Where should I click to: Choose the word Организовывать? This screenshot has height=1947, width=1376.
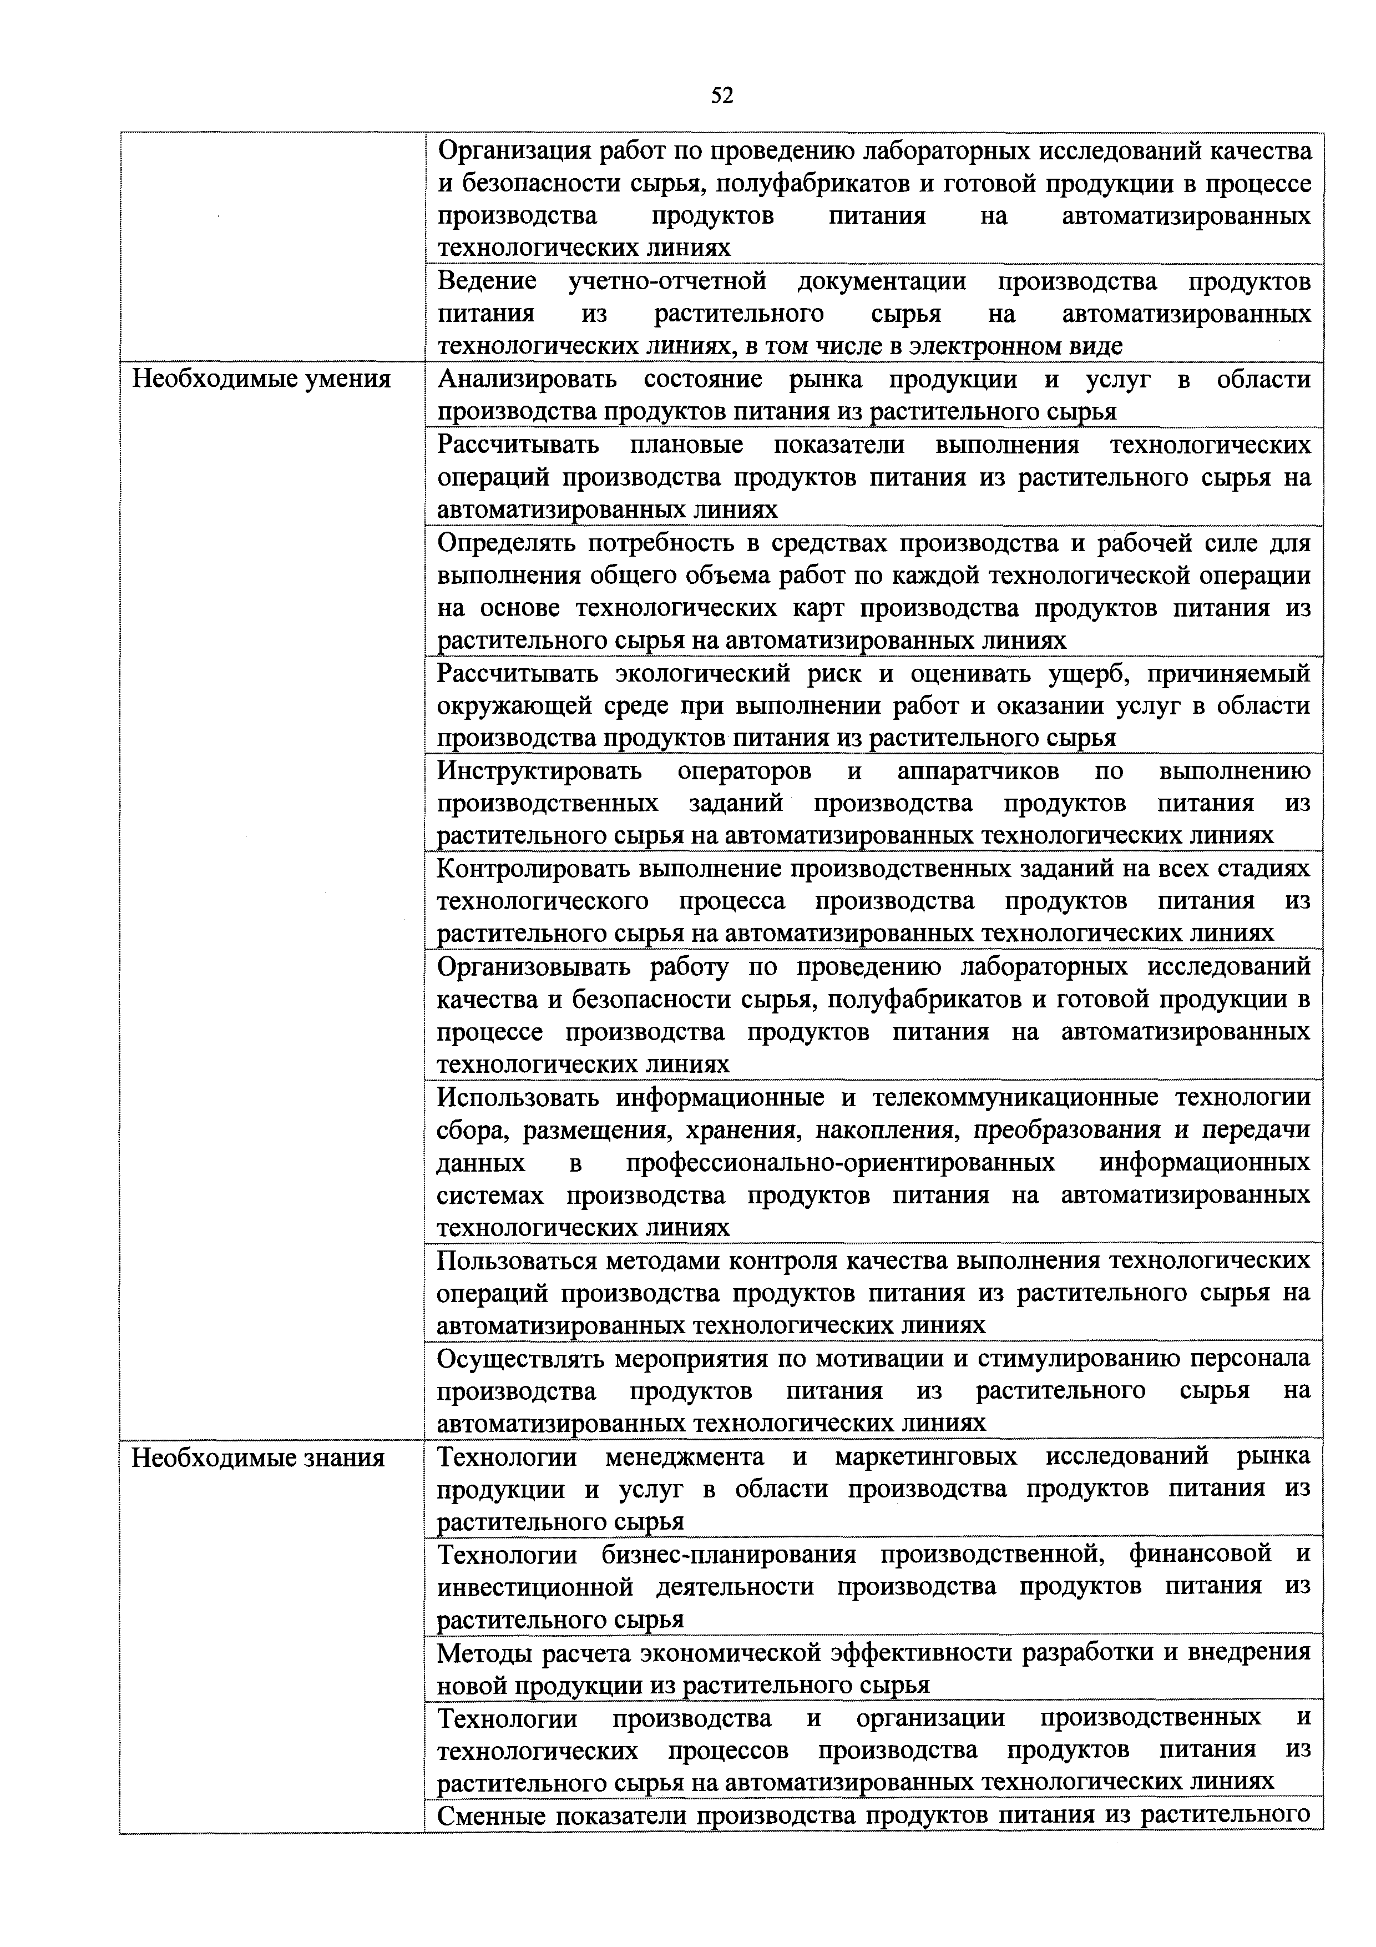coord(535,967)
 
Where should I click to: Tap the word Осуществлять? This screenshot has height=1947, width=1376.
coord(520,1359)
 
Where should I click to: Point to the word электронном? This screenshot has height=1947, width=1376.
coord(977,346)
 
